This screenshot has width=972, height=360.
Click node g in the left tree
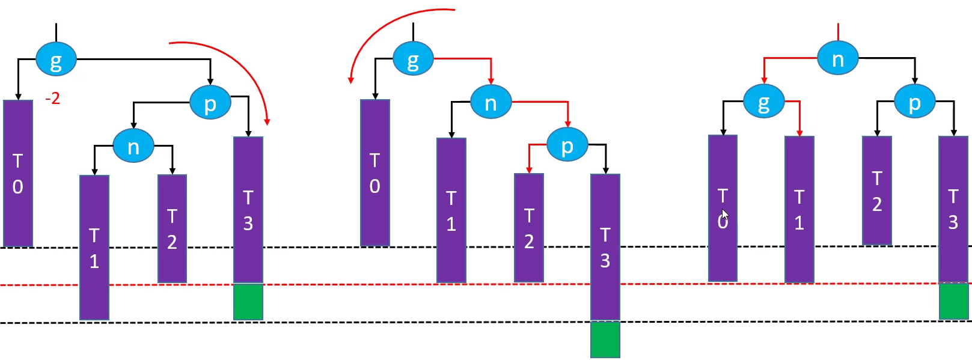click(56, 59)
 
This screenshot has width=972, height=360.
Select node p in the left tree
click(210, 103)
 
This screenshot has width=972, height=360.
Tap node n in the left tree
click(133, 146)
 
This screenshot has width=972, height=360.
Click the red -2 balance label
click(53, 99)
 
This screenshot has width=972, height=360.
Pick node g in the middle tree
click(413, 59)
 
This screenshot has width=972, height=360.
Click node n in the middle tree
click(491, 102)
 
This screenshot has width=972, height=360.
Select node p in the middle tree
click(567, 145)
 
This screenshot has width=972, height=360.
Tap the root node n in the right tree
click(837, 58)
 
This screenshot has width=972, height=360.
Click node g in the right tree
click(763, 102)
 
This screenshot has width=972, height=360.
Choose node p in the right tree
click(914, 102)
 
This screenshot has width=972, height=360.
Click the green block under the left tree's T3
click(248, 302)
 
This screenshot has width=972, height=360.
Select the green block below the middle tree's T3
click(605, 340)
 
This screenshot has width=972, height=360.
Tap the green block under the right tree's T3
click(953, 301)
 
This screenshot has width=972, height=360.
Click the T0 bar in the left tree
click(18, 173)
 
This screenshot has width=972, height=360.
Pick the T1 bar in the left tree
click(94, 248)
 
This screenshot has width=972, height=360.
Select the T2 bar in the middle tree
click(529, 228)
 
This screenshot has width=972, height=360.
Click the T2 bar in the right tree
click(877, 191)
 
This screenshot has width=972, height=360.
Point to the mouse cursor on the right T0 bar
click(725, 215)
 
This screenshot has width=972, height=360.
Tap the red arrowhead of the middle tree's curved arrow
click(351, 79)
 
